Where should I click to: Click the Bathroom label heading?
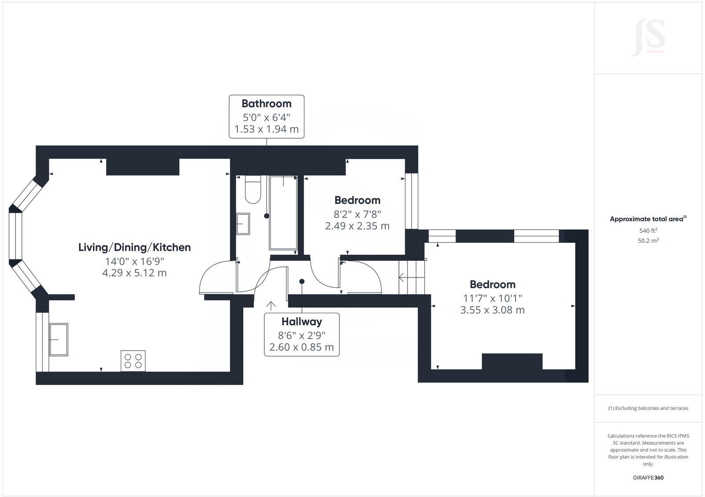(266, 104)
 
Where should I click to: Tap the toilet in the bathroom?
(253, 190)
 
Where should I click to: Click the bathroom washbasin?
(243, 224)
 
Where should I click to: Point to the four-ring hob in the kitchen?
(133, 361)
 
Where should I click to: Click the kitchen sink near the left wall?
(59, 339)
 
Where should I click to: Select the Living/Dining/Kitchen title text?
(134, 247)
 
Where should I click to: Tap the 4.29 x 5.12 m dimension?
(134, 273)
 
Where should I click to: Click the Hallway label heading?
(302, 322)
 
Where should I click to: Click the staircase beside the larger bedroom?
(412, 278)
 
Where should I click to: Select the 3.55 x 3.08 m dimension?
(492, 310)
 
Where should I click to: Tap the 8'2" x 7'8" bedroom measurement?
(357, 214)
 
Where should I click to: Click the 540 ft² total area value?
(648, 230)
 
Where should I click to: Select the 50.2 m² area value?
(648, 241)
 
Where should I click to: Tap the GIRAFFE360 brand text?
(648, 478)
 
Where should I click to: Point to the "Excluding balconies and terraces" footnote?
(648, 408)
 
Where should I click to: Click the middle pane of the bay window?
(15, 236)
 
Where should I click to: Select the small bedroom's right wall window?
(411, 201)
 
